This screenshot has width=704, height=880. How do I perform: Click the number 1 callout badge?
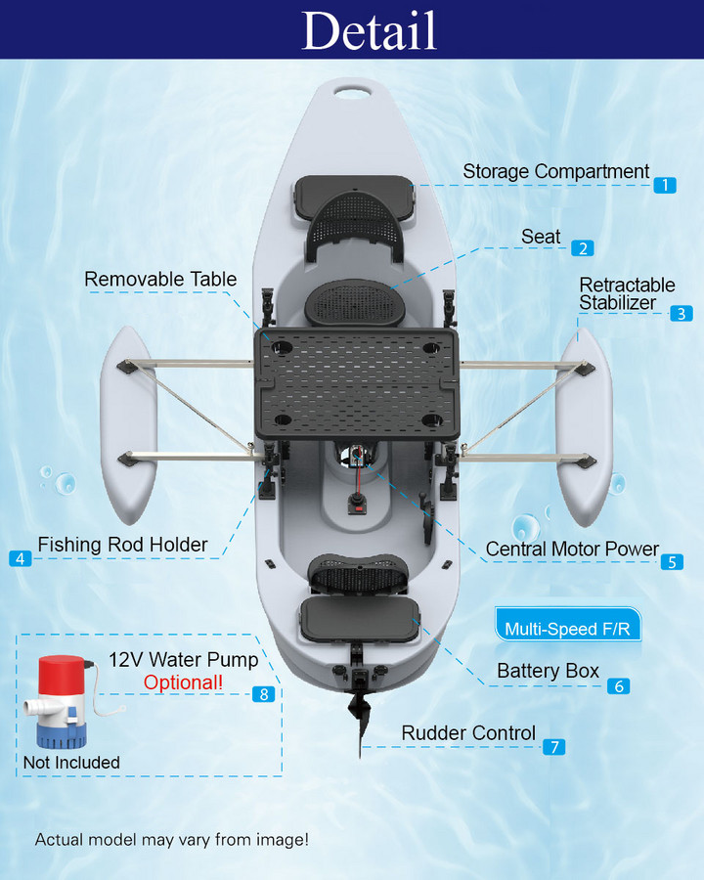click(665, 185)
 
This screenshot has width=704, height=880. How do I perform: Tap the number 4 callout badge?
click(21, 558)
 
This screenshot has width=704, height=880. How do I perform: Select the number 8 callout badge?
click(262, 693)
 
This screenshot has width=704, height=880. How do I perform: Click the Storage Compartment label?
click(555, 172)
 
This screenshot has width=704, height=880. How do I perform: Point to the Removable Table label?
click(160, 280)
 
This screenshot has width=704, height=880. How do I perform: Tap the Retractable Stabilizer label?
click(627, 293)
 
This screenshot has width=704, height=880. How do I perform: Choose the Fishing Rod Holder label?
click(122, 545)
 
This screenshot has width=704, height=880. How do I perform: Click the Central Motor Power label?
click(572, 550)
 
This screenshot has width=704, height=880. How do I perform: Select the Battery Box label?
click(548, 672)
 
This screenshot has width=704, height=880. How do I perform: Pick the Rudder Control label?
click(468, 733)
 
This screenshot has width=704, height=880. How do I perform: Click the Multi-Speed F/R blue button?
click(567, 629)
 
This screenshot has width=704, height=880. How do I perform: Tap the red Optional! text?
click(183, 682)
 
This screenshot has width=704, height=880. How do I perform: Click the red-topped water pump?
click(61, 702)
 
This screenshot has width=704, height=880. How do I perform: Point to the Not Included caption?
click(71, 763)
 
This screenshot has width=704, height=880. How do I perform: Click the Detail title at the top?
click(369, 30)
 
